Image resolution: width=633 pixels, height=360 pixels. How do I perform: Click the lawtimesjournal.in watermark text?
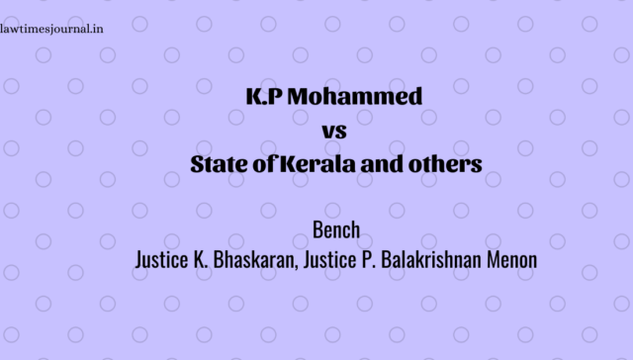click(51, 30)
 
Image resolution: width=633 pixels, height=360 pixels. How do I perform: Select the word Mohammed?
click(355, 97)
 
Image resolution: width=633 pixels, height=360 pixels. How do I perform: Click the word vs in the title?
click(334, 132)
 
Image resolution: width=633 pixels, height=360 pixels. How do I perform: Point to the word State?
click(219, 164)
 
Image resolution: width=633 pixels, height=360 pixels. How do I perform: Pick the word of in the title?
click(265, 164)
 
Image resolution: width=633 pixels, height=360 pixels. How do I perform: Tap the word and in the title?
click(382, 164)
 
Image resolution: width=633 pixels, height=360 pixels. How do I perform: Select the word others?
click(445, 164)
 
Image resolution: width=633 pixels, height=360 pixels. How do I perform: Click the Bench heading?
click(336, 230)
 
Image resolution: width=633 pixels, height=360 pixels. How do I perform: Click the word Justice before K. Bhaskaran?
click(161, 259)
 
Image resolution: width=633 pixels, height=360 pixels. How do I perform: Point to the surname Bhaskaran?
click(253, 259)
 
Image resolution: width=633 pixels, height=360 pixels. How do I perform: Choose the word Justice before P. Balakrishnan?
click(329, 259)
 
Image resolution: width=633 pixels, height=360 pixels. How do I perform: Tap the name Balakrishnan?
click(431, 259)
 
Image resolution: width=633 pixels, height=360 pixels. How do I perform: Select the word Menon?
click(511, 259)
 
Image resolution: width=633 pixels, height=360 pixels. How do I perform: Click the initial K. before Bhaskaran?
click(200, 259)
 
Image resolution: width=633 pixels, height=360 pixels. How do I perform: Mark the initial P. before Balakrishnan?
click(369, 259)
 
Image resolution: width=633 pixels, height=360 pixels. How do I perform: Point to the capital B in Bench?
click(317, 230)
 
